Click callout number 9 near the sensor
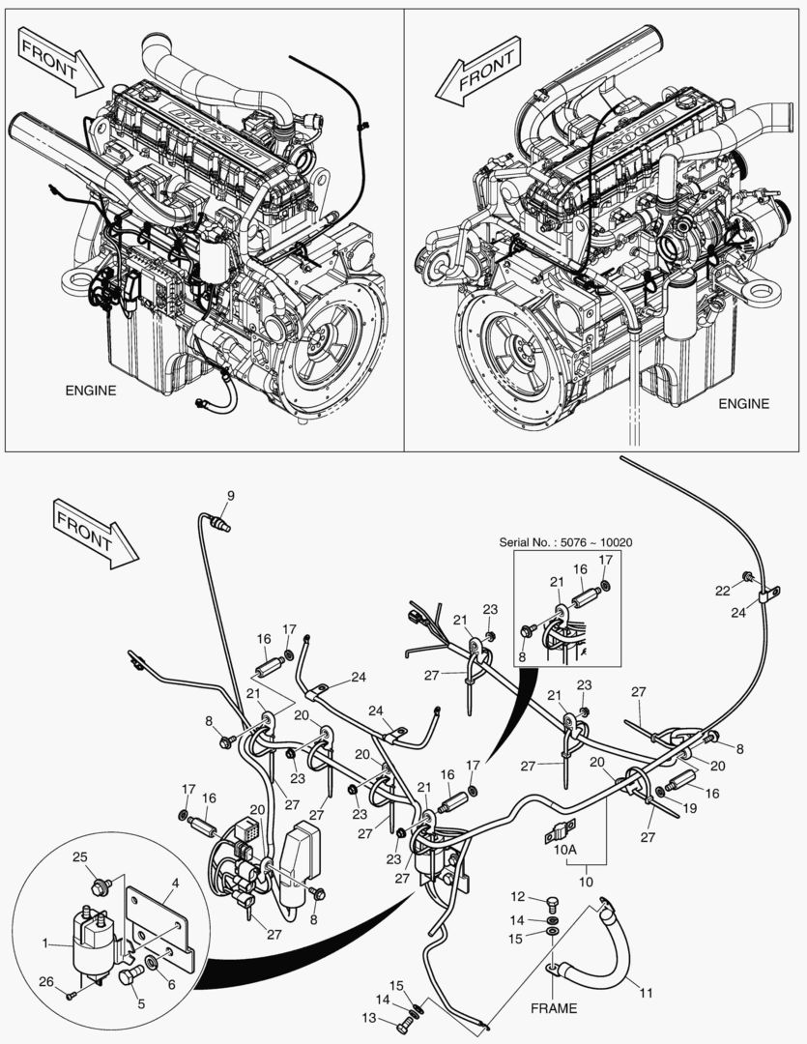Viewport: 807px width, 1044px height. coord(230,496)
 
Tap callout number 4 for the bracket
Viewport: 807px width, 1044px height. coord(175,883)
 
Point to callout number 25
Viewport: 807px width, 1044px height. coord(81,857)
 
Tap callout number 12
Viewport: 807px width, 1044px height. coord(516,897)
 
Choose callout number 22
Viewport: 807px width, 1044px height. coord(722,591)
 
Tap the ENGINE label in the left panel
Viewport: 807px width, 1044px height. coord(91,391)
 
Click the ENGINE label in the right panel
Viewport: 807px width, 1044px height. coord(743,403)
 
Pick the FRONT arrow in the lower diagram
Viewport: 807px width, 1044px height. coord(96,533)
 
